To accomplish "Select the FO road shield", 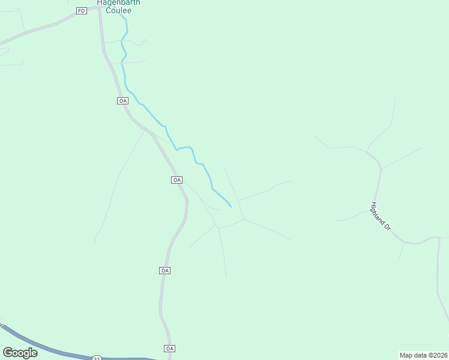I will click(x=82, y=11).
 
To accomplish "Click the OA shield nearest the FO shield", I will click(x=122, y=101).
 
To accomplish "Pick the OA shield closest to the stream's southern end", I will click(x=176, y=180).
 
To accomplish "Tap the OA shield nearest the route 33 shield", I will click(x=169, y=349).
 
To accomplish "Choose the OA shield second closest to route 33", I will click(x=166, y=271).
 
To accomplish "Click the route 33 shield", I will click(x=97, y=358).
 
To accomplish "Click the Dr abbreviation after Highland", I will click(x=388, y=227).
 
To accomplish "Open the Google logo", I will click(x=20, y=353).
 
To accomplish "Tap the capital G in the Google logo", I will click(x=8, y=352).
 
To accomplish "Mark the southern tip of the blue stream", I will click(x=231, y=207).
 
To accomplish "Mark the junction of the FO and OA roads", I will click(x=98, y=8).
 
